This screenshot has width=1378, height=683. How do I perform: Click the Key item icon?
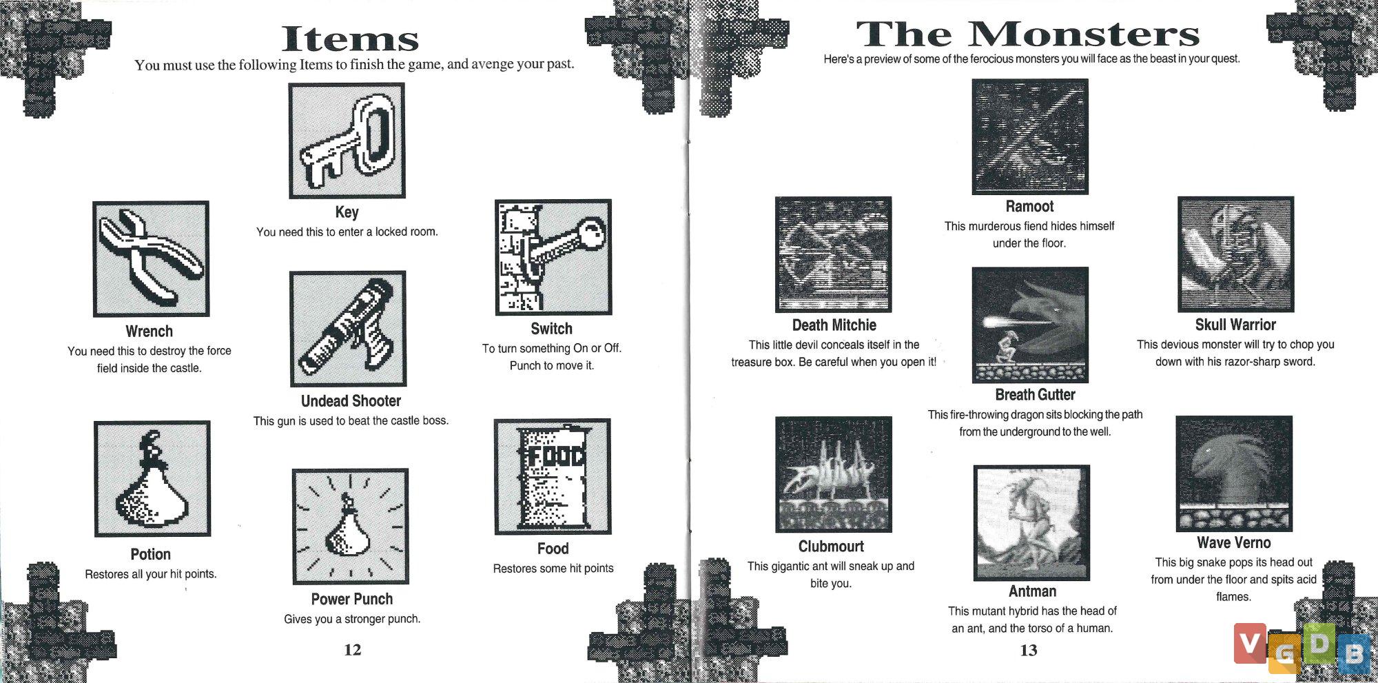coord(347,141)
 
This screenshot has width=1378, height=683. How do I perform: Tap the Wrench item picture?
coord(151,259)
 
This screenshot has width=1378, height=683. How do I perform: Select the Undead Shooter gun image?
coord(348,329)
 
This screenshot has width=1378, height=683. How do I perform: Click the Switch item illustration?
coord(553,257)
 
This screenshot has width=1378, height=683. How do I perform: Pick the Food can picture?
coord(553,476)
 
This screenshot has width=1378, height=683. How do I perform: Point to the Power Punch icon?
coord(351,527)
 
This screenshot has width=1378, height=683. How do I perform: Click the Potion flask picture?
coord(152,478)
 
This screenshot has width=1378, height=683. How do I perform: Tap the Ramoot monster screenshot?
coord(1030,136)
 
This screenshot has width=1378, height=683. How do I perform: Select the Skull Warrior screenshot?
coord(1236,254)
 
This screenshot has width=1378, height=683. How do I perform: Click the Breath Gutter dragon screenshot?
coord(1030,325)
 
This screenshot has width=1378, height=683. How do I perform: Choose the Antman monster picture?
coord(1031,523)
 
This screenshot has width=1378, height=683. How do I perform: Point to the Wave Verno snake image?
coord(1234,473)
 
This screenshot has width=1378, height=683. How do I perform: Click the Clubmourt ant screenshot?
coord(834,474)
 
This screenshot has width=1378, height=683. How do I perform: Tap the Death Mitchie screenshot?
coord(834,254)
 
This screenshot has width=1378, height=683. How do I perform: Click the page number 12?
coord(353,649)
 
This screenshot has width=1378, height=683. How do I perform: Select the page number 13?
coord(1029,650)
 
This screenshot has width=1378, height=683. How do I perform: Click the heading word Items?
coord(351,39)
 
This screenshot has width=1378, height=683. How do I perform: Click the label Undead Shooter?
coord(351,400)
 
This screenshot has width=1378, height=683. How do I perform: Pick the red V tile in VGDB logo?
coord(1249,642)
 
